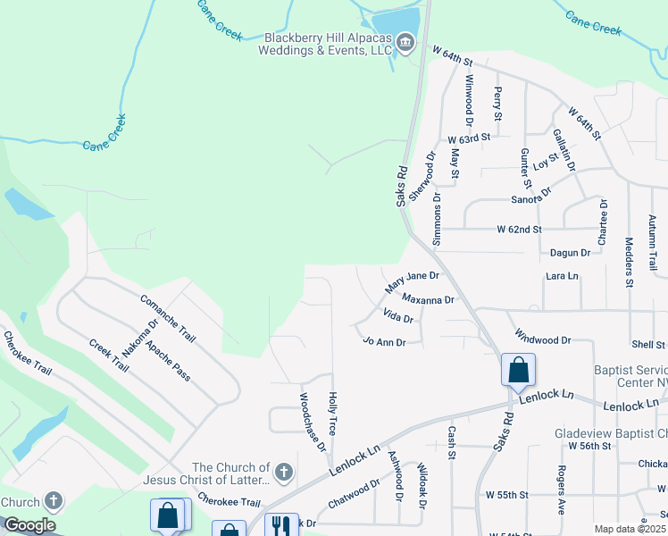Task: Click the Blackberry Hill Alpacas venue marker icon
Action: click(x=405, y=43)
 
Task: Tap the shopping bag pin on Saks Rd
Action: click(x=518, y=369)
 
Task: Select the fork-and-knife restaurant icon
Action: click(x=282, y=526)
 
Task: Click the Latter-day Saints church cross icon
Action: click(x=283, y=472)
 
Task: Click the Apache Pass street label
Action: click(x=168, y=360)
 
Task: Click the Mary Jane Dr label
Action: click(x=412, y=283)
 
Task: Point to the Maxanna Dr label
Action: click(x=429, y=299)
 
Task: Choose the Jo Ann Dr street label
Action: click(x=385, y=341)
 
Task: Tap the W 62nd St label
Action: click(x=520, y=230)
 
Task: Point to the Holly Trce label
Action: click(x=332, y=414)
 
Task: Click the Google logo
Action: click(x=29, y=525)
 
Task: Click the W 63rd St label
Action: click(x=470, y=138)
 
